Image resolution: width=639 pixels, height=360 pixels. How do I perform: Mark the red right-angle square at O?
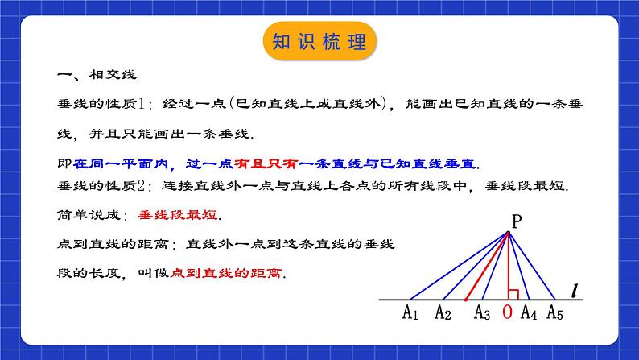512,294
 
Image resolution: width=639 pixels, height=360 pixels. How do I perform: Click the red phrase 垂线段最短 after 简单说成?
167,216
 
